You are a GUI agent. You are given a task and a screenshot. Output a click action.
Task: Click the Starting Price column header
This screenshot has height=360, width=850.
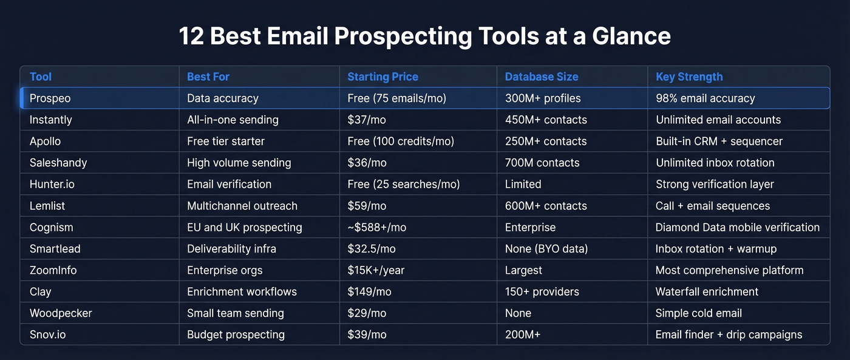click(x=382, y=76)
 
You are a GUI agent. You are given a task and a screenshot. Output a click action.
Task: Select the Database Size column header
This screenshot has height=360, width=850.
click(x=542, y=76)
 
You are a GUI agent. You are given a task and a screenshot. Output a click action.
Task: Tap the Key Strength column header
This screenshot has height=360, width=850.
click(x=689, y=76)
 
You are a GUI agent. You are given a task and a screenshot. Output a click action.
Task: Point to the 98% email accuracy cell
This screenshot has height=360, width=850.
click(x=705, y=98)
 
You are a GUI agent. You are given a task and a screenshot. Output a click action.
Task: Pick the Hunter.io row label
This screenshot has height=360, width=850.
click(x=52, y=184)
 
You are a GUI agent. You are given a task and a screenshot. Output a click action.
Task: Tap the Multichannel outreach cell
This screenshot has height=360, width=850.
click(x=242, y=206)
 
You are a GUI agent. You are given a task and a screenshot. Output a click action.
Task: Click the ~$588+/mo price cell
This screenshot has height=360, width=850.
click(x=376, y=227)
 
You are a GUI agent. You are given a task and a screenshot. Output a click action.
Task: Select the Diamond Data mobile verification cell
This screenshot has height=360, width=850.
click(x=738, y=227)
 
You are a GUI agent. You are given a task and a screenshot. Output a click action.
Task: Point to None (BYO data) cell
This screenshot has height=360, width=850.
click(x=546, y=249)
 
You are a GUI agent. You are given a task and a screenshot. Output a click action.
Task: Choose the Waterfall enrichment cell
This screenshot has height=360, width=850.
click(x=707, y=292)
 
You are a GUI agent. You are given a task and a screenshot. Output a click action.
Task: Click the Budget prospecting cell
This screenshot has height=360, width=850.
click(x=236, y=335)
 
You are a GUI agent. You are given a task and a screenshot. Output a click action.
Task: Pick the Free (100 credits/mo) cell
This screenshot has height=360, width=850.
click(x=401, y=141)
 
